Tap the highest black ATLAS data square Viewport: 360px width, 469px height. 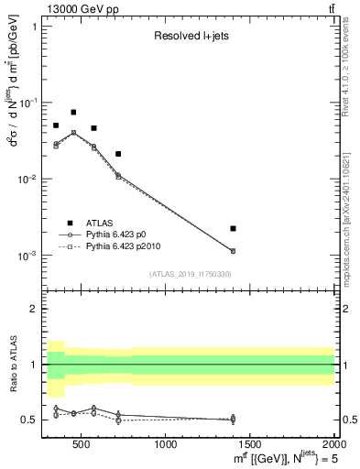tap(73, 113)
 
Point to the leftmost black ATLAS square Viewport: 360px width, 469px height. tap(56, 125)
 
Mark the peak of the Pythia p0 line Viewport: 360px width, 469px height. tap(73, 132)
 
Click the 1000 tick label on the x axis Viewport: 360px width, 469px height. tap(166, 446)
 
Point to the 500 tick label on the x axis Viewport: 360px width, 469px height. tap(81, 446)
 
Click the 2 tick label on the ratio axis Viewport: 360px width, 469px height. tap(36, 310)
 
